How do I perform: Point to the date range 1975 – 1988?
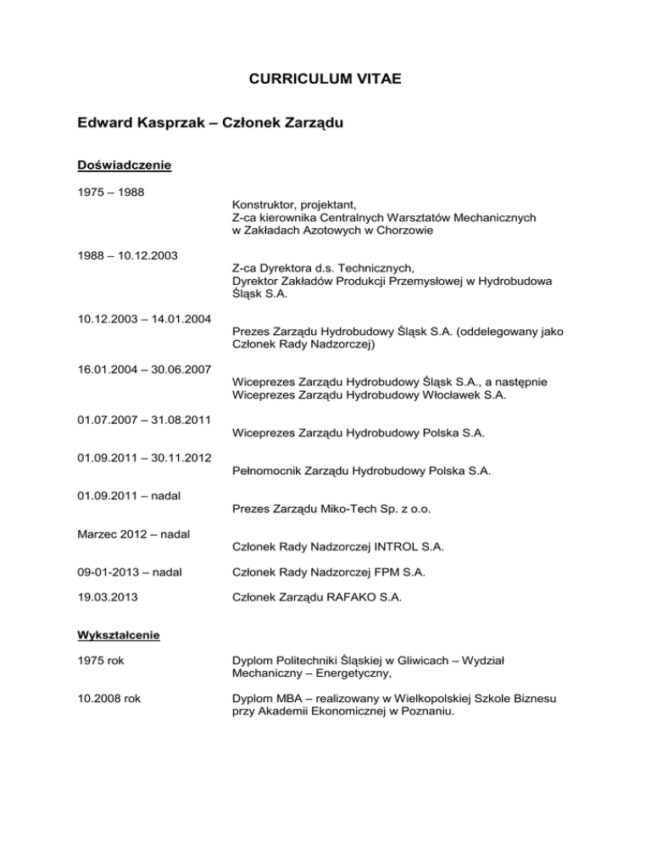point(108,192)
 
